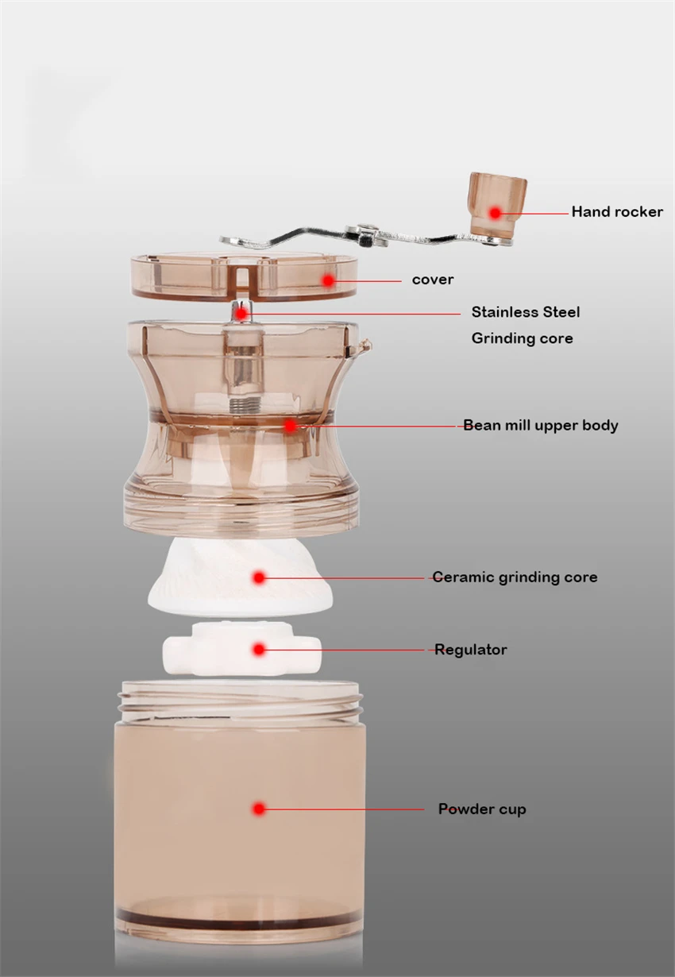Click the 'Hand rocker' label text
(617, 212)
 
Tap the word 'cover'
(433, 280)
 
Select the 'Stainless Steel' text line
(526, 312)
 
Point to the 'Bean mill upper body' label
(540, 425)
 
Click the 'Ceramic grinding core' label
(515, 577)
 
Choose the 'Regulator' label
(470, 650)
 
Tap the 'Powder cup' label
(482, 809)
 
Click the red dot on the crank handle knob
(495, 213)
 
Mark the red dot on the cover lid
(328, 280)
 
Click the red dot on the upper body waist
(290, 426)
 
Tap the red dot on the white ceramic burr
(259, 578)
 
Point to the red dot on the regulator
(259, 650)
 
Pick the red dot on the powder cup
(259, 809)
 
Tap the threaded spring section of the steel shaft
(244, 404)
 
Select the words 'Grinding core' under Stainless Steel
(522, 338)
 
